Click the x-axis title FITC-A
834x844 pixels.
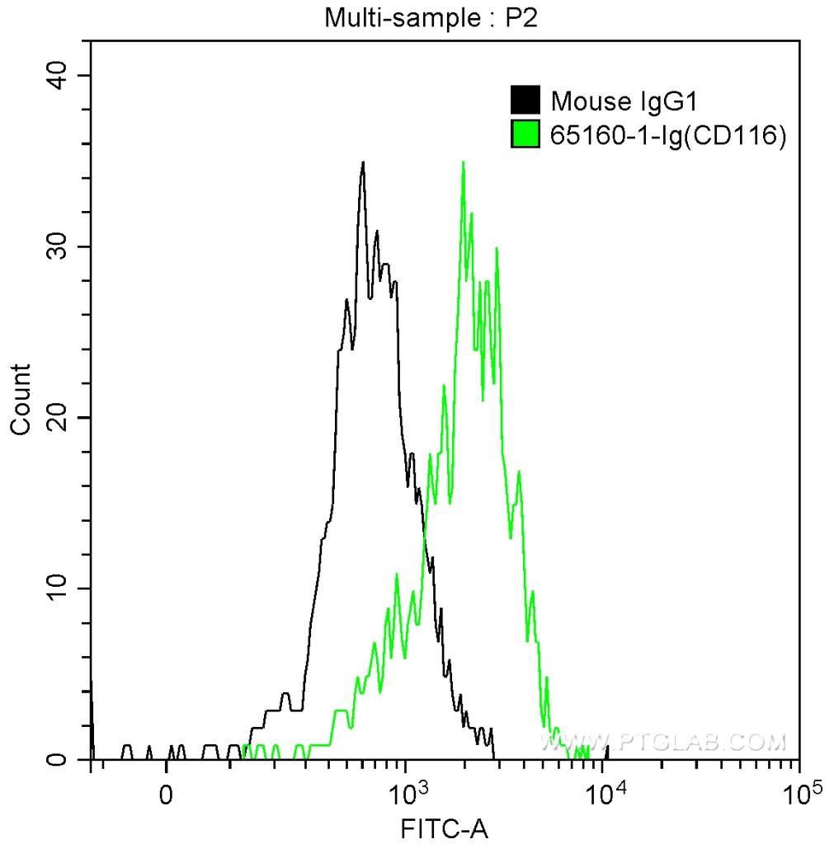[445, 828]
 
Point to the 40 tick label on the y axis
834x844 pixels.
[56, 76]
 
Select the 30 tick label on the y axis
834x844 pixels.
[56, 246]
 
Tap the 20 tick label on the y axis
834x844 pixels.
[56, 418]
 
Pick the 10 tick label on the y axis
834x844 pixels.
[56, 588]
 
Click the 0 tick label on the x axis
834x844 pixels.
[167, 795]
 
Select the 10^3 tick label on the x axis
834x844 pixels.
[406, 793]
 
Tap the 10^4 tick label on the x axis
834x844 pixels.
[603, 793]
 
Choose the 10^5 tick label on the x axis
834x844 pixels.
[799, 793]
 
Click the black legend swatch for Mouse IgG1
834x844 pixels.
[526, 101]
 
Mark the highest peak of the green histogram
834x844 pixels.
[464, 162]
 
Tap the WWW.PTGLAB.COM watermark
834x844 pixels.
[662, 742]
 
